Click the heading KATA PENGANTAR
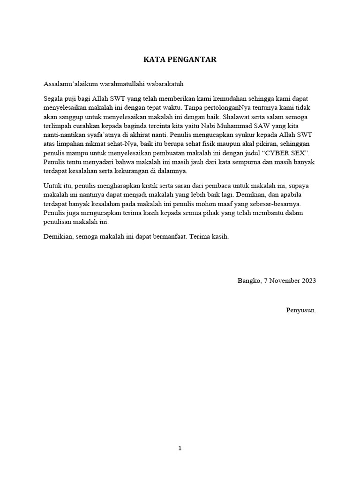tap(180, 60)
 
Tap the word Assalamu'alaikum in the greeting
tap(70, 84)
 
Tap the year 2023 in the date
tap(308, 281)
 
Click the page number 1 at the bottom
tap(180, 449)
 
